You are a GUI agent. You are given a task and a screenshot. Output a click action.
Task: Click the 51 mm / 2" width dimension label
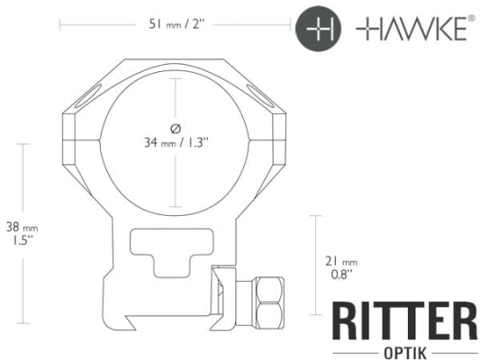tap(177, 24)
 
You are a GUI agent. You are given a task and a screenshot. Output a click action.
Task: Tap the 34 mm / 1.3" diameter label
tap(177, 142)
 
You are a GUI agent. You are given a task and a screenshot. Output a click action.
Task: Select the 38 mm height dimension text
tap(22, 228)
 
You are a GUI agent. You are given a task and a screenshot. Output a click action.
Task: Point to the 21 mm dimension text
tap(341, 262)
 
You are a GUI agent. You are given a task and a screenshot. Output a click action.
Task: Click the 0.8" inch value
tap(341, 274)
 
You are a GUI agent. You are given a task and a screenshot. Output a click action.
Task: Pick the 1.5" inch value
tap(22, 240)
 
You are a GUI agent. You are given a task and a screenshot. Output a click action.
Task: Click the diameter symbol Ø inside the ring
tap(176, 129)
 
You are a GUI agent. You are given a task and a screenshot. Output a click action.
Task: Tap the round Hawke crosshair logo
tap(319, 29)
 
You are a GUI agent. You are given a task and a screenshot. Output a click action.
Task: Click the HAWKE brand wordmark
tap(412, 29)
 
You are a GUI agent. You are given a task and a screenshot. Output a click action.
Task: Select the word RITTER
tap(404, 320)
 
